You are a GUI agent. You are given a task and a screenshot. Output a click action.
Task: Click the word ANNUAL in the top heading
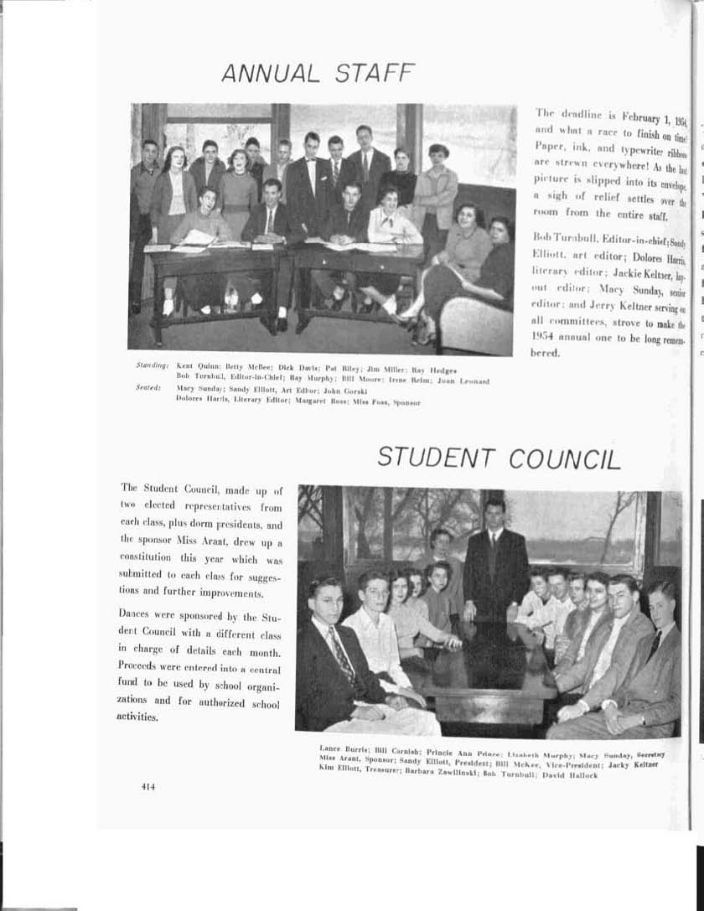click(270, 74)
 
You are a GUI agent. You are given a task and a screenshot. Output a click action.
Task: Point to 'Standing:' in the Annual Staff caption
click(153, 366)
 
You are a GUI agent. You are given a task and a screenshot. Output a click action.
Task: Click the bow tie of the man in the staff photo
click(312, 161)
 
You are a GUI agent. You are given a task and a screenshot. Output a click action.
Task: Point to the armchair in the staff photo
click(474, 323)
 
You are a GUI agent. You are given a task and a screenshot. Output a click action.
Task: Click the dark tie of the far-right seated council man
click(654, 644)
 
